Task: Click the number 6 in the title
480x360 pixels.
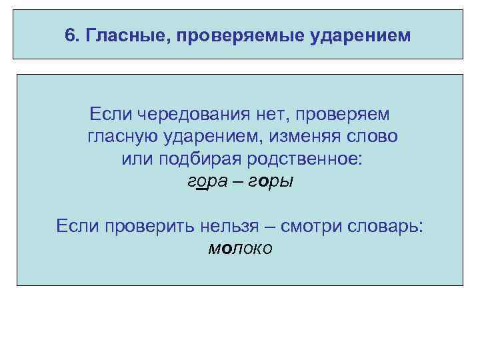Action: (x=70, y=34)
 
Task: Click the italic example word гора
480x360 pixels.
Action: (x=203, y=182)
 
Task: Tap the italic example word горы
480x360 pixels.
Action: (x=271, y=182)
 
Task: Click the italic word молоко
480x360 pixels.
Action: (x=240, y=249)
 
